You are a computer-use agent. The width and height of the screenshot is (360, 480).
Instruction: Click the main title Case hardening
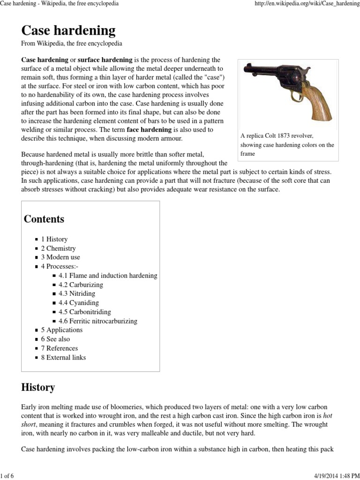[x=68, y=30]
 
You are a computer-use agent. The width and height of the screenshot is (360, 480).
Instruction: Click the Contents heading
[x=44, y=219]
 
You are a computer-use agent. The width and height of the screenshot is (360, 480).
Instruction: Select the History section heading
[x=38, y=387]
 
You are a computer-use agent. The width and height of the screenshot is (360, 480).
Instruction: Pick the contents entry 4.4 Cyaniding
[x=79, y=303]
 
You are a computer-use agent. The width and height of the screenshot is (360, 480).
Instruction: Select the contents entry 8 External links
[x=63, y=357]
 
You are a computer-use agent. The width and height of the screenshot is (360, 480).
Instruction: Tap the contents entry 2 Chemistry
[x=58, y=248]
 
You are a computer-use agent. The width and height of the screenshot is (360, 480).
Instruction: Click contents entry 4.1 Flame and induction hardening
[x=108, y=276]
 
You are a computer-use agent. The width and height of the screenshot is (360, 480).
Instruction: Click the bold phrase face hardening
[x=149, y=129]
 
